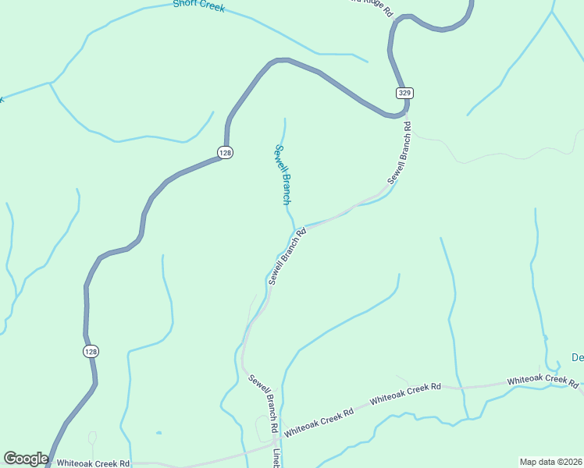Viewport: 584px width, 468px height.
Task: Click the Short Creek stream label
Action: pos(199,6)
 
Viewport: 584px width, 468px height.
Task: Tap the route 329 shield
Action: pos(404,93)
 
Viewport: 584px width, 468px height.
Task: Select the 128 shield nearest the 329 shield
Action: pos(225,153)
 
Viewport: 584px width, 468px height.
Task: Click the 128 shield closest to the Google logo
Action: pos(91,352)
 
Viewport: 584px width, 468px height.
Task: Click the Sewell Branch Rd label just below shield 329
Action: pos(399,151)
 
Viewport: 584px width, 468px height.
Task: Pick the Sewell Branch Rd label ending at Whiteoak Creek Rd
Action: pos(264,403)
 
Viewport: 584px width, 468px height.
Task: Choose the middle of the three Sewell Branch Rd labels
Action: pos(285,257)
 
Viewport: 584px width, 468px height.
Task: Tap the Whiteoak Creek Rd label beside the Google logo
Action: pos(93,463)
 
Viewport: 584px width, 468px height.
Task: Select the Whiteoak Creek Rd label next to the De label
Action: pos(542,381)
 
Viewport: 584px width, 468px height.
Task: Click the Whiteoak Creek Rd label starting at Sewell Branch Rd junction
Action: pos(319,421)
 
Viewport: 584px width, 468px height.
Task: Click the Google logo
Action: pos(26,459)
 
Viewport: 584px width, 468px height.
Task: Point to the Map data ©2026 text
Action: pos(550,462)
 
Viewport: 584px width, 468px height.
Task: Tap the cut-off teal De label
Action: pos(578,358)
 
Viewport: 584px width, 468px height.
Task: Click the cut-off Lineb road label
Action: pos(276,458)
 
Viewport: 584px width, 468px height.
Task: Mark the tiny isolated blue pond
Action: pos(158,433)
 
